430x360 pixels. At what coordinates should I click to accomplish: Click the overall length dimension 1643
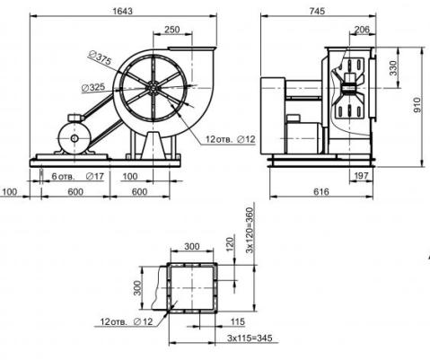point(122,11)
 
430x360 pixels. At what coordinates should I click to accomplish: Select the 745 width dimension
point(317,11)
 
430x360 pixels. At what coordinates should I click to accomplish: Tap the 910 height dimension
point(417,105)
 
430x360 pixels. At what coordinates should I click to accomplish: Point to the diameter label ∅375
point(101,58)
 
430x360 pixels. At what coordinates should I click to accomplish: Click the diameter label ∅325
point(93,87)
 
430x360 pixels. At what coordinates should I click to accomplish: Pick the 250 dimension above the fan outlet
point(172,30)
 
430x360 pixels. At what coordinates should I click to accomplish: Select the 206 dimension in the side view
point(362,30)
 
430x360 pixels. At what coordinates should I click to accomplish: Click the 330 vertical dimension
point(394,68)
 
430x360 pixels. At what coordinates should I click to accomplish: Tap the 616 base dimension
point(321,191)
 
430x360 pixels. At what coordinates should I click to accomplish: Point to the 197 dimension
point(361,176)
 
